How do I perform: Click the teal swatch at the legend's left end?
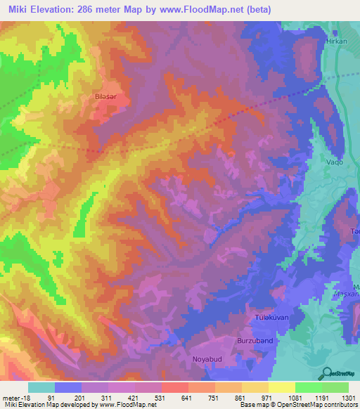41,387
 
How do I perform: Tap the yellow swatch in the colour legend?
281,387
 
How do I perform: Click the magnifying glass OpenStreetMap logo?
327,373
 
